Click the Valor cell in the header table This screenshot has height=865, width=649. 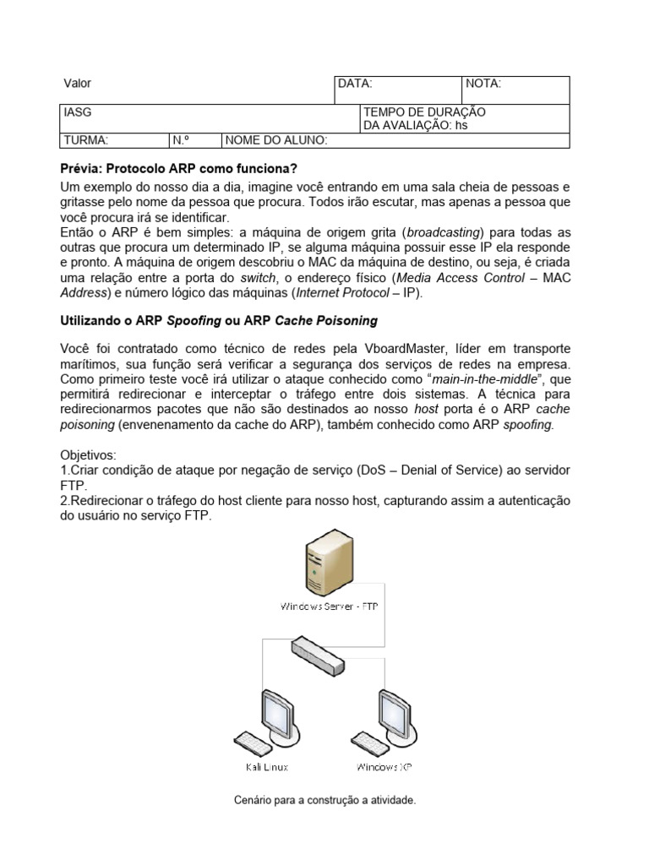[78, 84]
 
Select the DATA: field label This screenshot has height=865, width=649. [354, 84]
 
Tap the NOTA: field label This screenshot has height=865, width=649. [483, 84]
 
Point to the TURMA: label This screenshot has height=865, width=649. [85, 140]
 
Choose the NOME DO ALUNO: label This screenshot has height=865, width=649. [277, 140]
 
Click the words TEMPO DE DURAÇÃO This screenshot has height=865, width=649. [423, 112]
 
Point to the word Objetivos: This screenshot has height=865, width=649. [89, 454]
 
